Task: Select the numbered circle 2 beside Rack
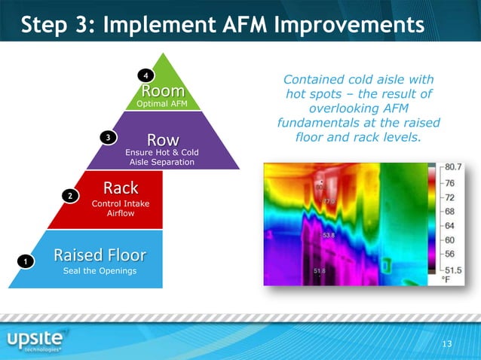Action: pyautogui.click(x=69, y=196)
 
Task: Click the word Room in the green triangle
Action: pyautogui.click(x=163, y=91)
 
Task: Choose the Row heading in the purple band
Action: pyautogui.click(x=163, y=139)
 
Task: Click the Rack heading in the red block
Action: pyautogui.click(x=121, y=187)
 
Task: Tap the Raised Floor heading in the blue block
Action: pyautogui.click(x=100, y=254)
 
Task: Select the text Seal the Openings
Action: pyautogui.click(x=100, y=271)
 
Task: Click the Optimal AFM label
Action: pyautogui.click(x=163, y=105)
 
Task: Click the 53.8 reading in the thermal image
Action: pyautogui.click(x=329, y=236)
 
